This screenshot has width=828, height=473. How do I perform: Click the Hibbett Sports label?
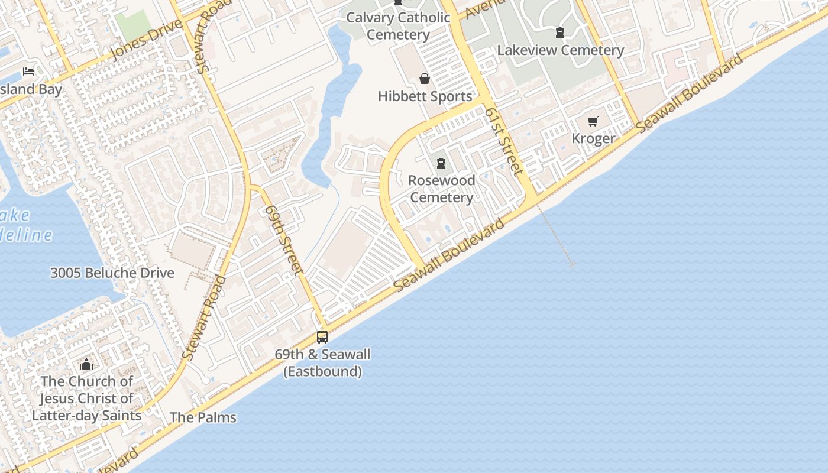pos(425,96)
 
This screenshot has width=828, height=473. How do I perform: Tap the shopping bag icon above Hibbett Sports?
pos(424,79)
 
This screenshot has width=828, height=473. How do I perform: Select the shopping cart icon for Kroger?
pos(593,122)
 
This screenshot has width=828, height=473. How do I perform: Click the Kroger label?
pos(593,138)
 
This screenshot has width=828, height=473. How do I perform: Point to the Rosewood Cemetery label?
pos(441,189)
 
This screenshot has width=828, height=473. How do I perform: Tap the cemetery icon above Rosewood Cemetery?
pos(441,163)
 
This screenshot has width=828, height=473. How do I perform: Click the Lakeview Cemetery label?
pos(560,50)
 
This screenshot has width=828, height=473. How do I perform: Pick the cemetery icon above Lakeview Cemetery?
pos(560,33)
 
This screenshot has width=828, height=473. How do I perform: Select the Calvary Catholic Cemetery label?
pos(398,26)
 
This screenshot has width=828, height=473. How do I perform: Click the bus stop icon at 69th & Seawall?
pos(322,337)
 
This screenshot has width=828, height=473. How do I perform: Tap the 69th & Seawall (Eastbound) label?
pos(322,363)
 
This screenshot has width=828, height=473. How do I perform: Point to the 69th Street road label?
pos(285,239)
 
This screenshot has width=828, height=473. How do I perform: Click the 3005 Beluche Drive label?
pos(112,273)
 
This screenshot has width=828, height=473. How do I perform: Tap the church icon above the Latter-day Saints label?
pos(86,364)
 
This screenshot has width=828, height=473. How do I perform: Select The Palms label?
pos(203,417)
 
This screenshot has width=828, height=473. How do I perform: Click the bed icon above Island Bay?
pos(28,72)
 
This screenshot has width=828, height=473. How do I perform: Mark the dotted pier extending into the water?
pos(556,237)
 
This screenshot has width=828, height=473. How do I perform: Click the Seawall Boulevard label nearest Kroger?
pos(691,93)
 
